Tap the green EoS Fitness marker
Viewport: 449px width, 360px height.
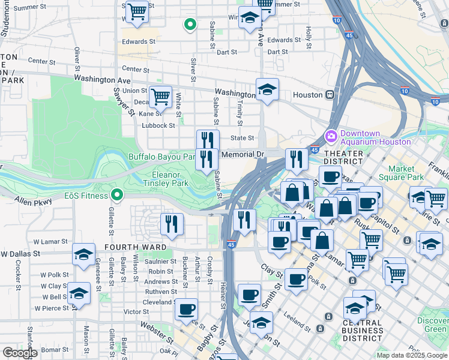pyautogui.click(x=118, y=195)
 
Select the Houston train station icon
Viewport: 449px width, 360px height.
pyautogui.click(x=330, y=95)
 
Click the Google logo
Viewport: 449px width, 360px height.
pyautogui.click(x=20, y=353)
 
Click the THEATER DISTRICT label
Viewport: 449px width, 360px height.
pyautogui.click(x=343, y=157)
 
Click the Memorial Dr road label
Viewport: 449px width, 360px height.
pyautogui.click(x=243, y=155)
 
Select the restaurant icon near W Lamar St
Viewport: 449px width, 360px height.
pyautogui.click(x=172, y=224)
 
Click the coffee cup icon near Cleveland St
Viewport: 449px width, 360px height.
pyautogui.click(x=186, y=308)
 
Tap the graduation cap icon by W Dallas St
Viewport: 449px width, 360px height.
pyautogui.click(x=83, y=253)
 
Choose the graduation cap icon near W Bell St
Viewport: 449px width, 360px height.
pyautogui.click(x=79, y=293)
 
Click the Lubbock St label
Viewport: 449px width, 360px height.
pyautogui.click(x=158, y=125)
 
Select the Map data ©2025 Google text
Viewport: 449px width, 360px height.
pyautogui.click(x=412, y=355)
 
